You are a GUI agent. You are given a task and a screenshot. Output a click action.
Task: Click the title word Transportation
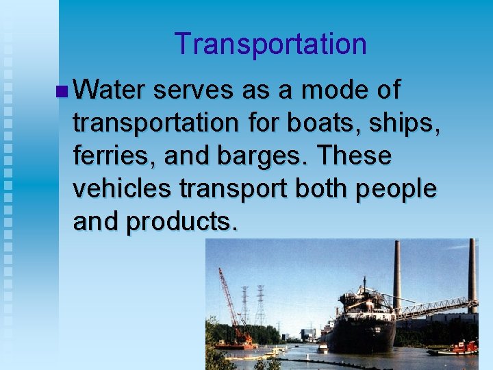tap(270, 45)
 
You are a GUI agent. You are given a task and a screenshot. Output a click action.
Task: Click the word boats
tap(309, 123)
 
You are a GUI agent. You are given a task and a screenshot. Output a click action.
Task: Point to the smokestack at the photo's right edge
tap(472, 274)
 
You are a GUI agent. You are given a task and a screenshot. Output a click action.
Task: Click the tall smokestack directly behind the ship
tap(397, 274)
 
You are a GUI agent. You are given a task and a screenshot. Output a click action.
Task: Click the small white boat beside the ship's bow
tap(323, 348)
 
